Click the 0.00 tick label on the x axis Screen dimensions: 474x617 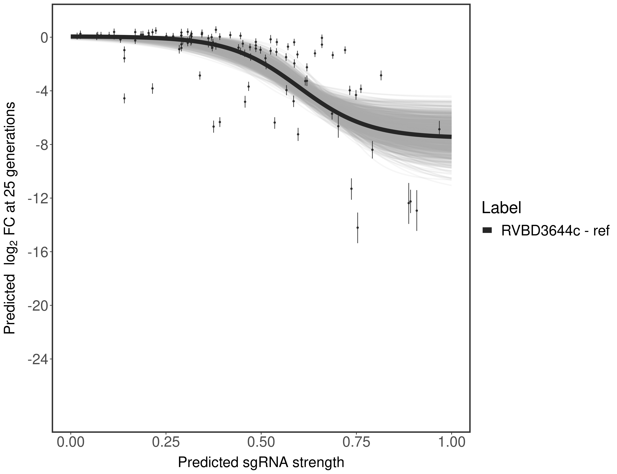(x=71, y=442)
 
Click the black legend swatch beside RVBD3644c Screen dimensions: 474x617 (x=487, y=231)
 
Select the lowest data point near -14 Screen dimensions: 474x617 (x=358, y=227)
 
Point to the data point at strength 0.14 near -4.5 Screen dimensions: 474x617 (x=124, y=98)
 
